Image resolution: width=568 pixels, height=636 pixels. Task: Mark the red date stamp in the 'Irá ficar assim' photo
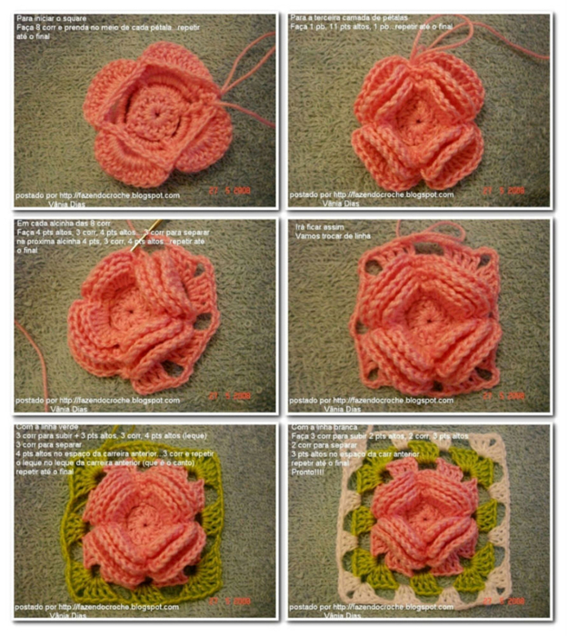[503, 396]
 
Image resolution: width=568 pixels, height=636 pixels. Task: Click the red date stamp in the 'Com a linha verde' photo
[226, 601]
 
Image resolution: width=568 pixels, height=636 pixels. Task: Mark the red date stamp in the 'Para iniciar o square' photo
[227, 191]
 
